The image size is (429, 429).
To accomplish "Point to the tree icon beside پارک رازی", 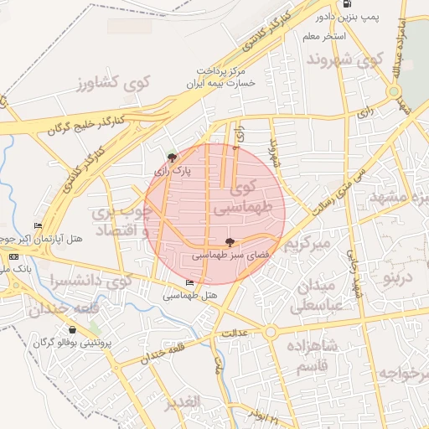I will point(172,157).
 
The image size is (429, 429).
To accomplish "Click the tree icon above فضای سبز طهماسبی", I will point(219,240).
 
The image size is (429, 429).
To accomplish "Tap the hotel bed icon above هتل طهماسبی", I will point(189,283).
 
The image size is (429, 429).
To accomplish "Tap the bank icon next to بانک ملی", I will point(12,255).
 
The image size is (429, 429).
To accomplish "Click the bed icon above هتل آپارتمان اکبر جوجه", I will point(37,226).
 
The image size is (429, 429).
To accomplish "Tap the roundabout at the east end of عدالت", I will point(270,333).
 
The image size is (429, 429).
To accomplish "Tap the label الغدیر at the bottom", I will point(183,403).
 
